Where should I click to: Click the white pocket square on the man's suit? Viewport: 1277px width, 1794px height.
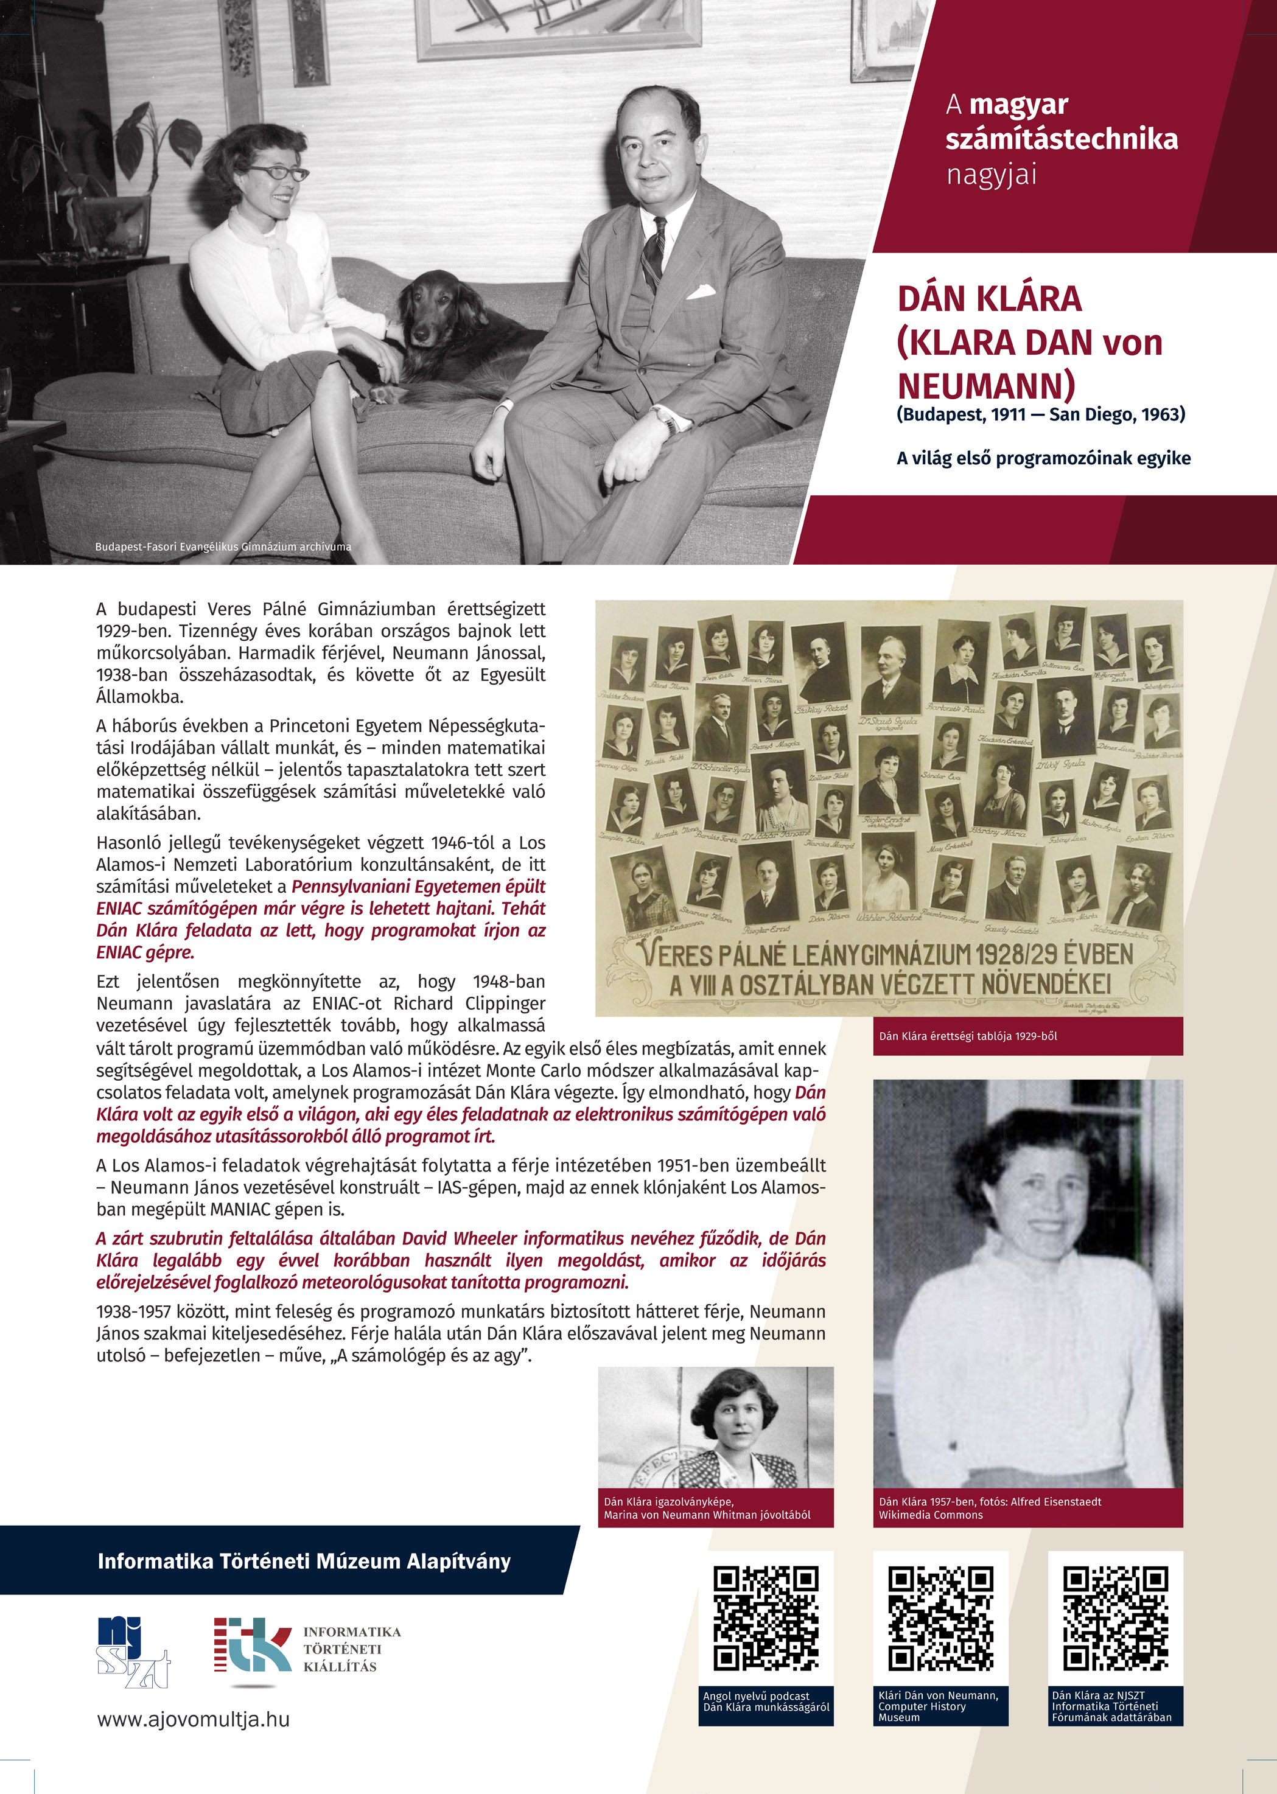click(701, 293)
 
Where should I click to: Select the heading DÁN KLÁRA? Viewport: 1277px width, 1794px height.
click(989, 299)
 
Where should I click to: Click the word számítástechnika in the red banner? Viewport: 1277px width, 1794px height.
click(1061, 139)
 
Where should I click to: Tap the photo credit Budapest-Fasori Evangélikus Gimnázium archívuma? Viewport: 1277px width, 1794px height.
click(223, 546)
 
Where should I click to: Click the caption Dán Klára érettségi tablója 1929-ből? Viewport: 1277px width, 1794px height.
click(967, 1036)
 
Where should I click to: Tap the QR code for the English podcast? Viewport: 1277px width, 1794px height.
click(766, 1619)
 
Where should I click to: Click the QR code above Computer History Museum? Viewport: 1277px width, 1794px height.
click(940, 1619)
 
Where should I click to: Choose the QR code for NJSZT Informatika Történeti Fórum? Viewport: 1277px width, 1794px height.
click(1115, 1619)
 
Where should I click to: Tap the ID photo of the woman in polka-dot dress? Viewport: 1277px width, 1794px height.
click(716, 1427)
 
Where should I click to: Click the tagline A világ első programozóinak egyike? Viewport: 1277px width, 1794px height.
click(1043, 458)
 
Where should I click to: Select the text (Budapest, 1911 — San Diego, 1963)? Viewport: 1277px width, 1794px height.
click(1040, 414)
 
